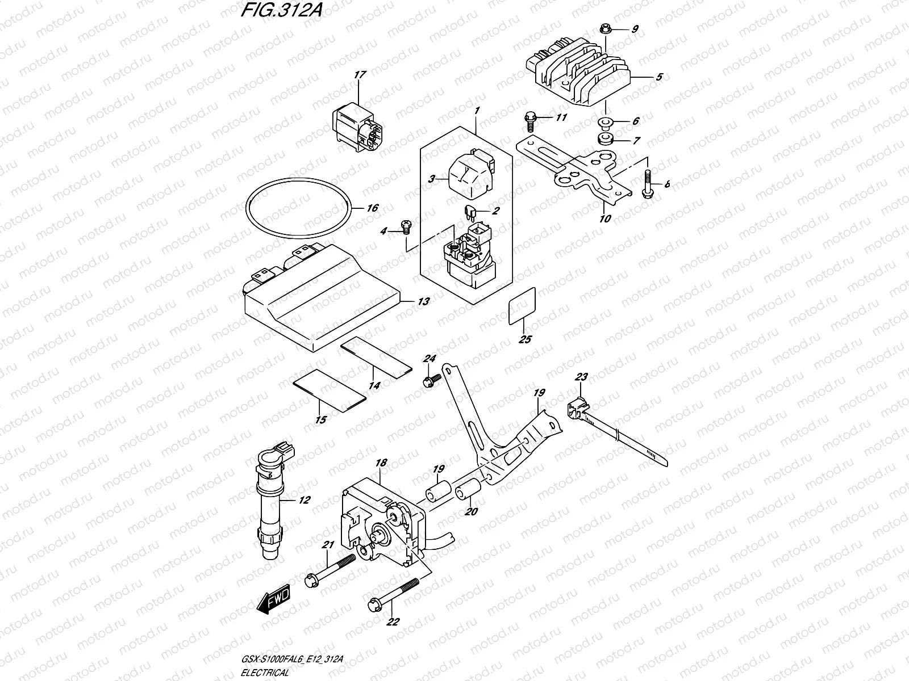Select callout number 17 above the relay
pyautogui.click(x=360, y=74)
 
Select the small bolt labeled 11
pyautogui.click(x=529, y=120)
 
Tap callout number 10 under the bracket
pyautogui.click(x=605, y=218)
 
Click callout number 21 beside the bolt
pyautogui.click(x=327, y=545)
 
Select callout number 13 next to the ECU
pyautogui.click(x=423, y=301)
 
